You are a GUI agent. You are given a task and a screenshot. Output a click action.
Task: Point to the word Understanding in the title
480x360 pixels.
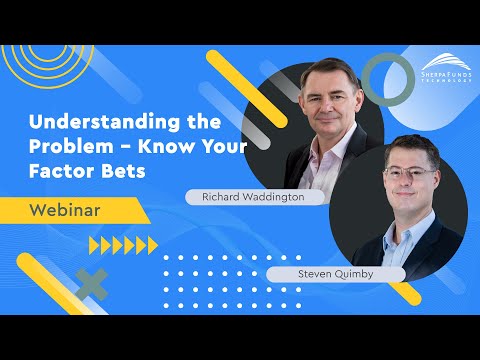coord(97,124)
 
